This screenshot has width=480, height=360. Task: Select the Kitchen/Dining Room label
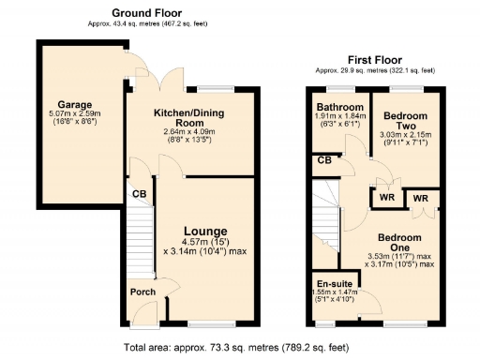[x=190, y=117]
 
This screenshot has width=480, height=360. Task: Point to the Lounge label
[x=204, y=231]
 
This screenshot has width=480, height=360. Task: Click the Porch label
[x=142, y=291]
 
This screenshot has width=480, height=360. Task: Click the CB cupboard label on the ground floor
[x=139, y=195]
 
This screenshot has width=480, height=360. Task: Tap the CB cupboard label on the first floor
[x=324, y=160]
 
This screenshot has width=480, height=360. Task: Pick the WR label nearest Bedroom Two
[x=385, y=199]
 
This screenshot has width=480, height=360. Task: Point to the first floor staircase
[x=325, y=216]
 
